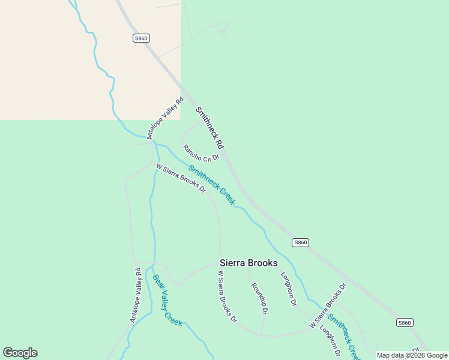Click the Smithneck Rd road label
209,128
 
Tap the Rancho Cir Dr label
201,153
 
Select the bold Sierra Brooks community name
249,263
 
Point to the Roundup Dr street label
259,298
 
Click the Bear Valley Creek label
167,300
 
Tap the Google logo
20,353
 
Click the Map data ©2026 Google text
412,355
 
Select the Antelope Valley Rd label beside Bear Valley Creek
135,295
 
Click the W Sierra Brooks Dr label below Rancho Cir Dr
181,178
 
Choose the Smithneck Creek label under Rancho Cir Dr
211,185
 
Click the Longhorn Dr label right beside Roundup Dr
289,289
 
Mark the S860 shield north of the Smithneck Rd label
141,38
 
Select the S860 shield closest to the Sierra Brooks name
301,242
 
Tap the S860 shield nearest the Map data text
405,322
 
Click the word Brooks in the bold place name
263,263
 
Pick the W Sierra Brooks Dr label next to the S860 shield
328,305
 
